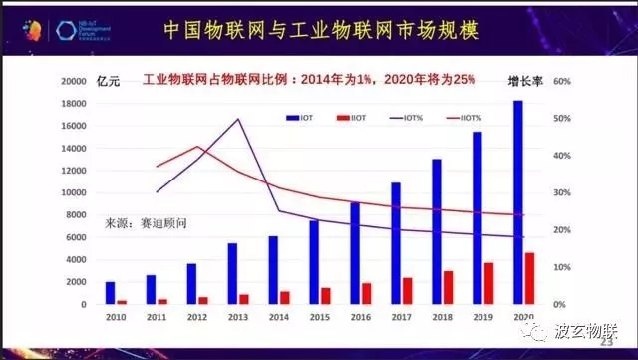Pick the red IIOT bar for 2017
[x=408, y=290]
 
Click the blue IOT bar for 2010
[x=110, y=293]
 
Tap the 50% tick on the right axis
[x=560, y=119]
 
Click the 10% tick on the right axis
[x=560, y=267]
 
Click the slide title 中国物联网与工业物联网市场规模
[x=319, y=31]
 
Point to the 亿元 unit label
[x=107, y=80]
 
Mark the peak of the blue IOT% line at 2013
[x=237, y=120]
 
